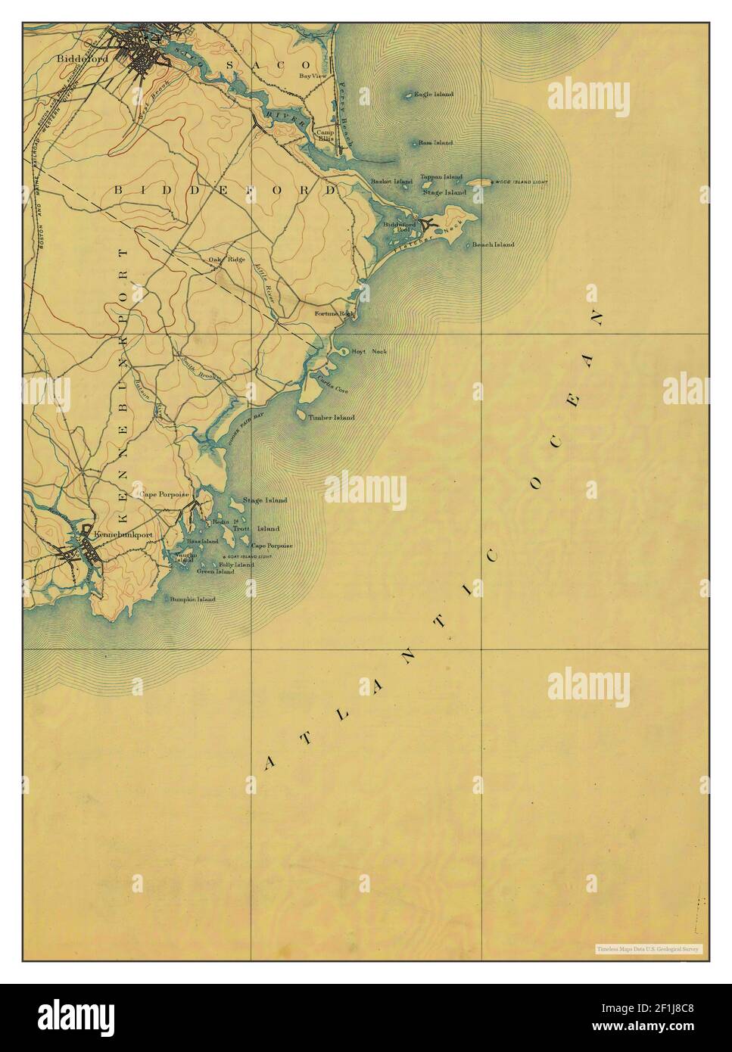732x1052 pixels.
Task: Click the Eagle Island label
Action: pos(434,95)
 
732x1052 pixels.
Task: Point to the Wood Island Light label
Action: pos(521,183)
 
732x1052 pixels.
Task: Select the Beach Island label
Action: pos(493,244)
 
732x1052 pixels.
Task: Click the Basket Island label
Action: pos(391,182)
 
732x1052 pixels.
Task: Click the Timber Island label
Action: pos(331,417)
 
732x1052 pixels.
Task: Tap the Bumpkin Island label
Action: pos(192,599)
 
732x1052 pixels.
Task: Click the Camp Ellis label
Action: pos(326,135)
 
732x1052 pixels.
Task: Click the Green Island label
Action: pos(215,572)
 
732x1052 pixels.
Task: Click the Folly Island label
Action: pos(236,565)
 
